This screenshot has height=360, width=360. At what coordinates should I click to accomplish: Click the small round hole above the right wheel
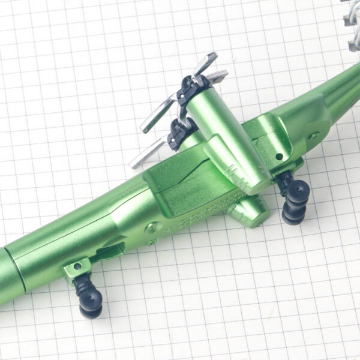pyautogui.click(x=279, y=157)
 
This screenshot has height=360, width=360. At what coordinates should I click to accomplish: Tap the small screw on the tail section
pyautogui.click(x=312, y=135)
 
